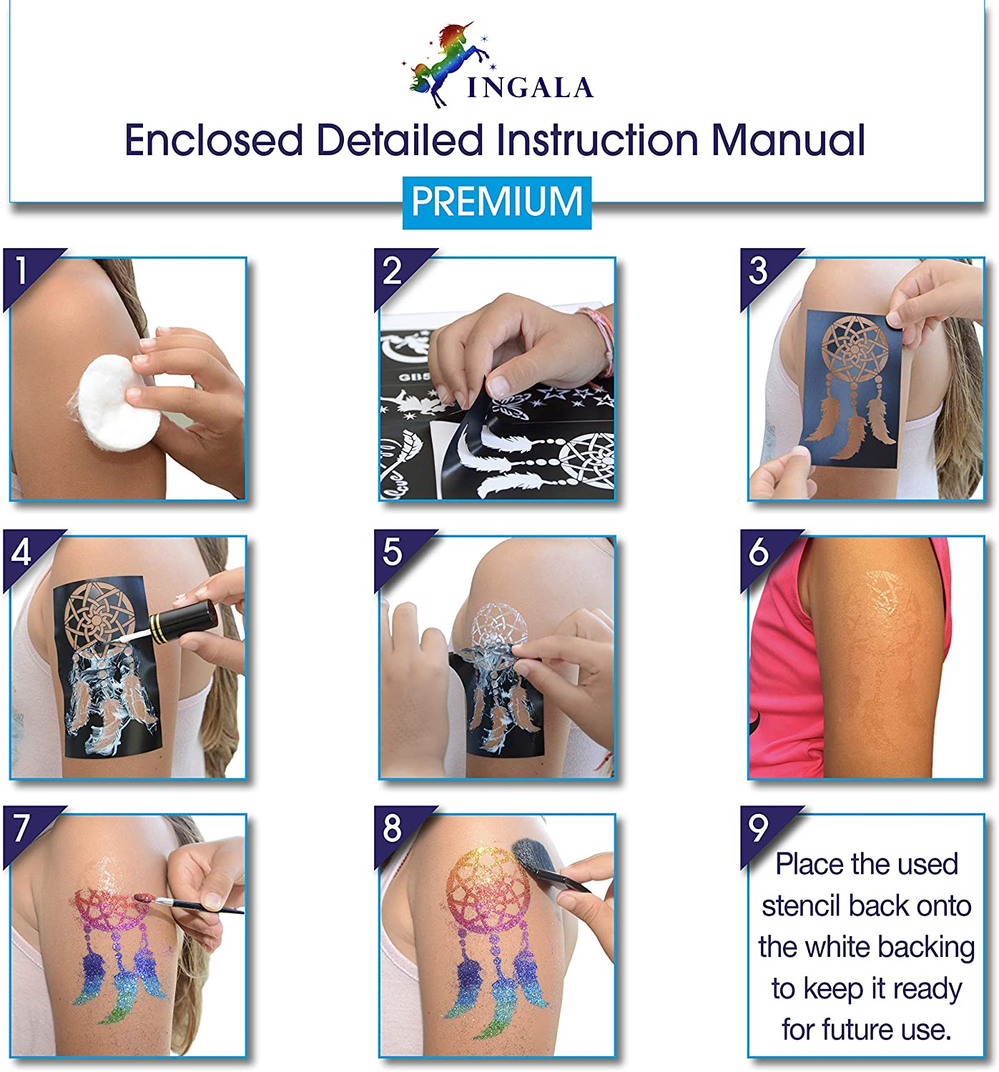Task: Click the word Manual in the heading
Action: [x=788, y=140]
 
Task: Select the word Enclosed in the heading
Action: [x=214, y=140]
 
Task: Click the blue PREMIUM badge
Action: [x=496, y=202]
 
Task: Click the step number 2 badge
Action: [x=397, y=272]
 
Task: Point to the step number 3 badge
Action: [x=763, y=272]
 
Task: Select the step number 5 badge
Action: [x=397, y=553]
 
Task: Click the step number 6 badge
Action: [x=763, y=553]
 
